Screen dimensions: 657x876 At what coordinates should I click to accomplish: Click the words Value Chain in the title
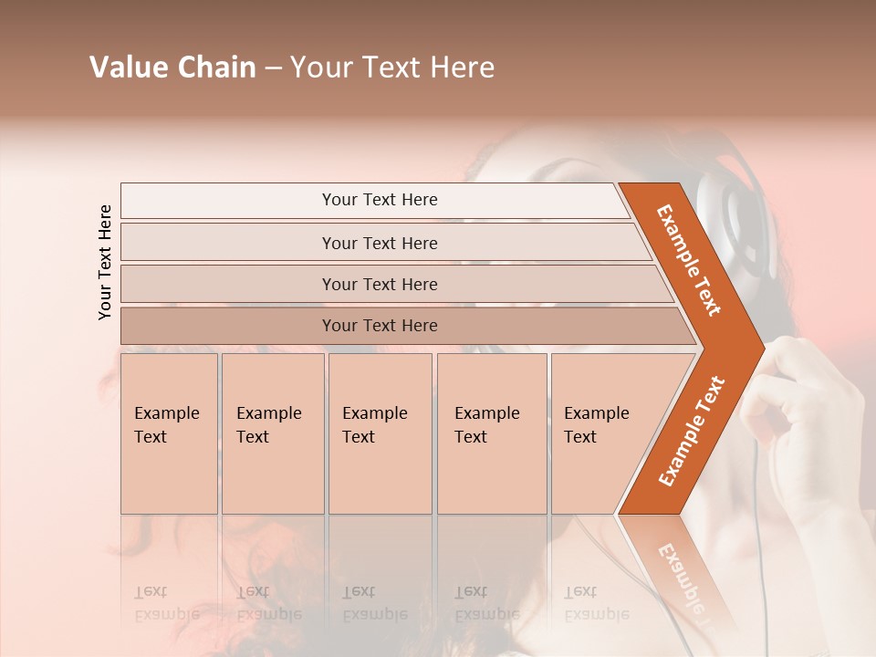point(172,68)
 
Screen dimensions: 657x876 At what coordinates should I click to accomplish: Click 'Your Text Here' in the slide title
point(392,68)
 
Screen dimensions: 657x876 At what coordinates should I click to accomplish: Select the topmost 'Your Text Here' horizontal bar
point(380,200)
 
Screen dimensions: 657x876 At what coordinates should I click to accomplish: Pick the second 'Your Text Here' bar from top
point(380,243)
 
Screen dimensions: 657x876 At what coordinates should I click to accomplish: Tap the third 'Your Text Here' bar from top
point(380,284)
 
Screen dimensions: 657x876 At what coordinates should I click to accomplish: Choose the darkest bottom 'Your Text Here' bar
point(380,326)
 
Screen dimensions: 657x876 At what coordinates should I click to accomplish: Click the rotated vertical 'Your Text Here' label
point(105,262)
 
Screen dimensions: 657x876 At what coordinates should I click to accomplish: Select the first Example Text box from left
point(169,433)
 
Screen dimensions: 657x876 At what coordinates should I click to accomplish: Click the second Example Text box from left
point(272,433)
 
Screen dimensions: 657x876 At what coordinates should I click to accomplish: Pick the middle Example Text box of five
point(379,433)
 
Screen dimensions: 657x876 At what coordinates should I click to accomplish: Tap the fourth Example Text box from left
point(491,433)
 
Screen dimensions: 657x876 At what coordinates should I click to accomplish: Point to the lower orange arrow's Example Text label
point(692,431)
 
